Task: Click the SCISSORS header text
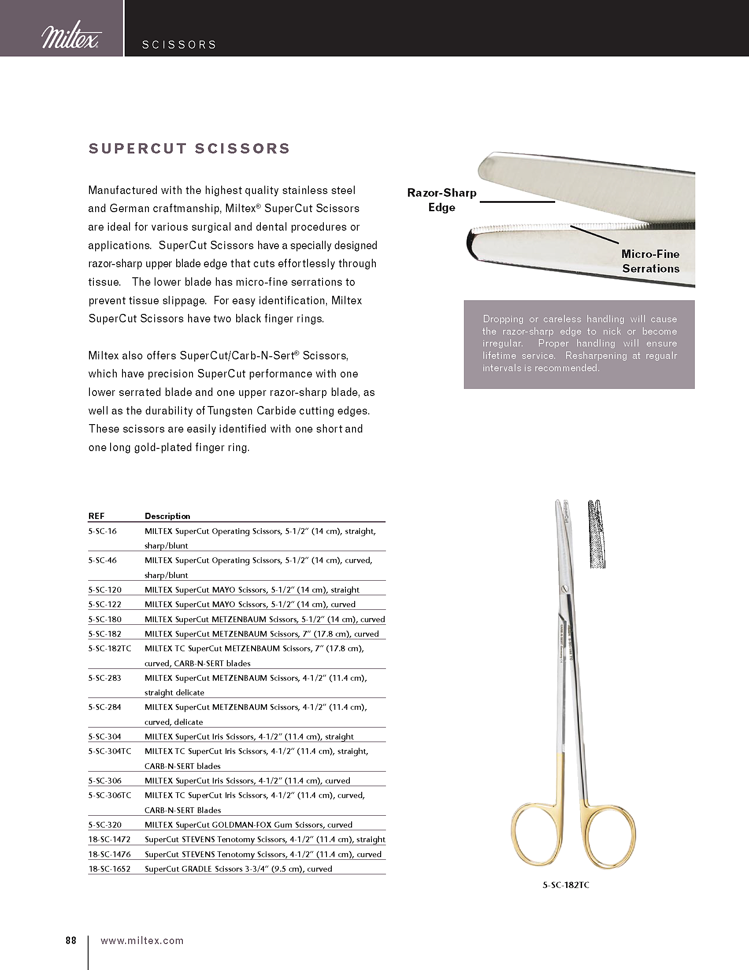point(179,45)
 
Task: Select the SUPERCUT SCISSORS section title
point(189,148)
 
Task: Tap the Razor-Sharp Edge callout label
point(441,200)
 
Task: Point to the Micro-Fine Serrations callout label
point(650,261)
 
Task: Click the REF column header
point(96,516)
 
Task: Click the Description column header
point(167,516)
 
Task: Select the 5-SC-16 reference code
point(103,531)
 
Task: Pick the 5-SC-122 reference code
point(105,604)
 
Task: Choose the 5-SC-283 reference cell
point(105,678)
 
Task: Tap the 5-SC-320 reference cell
point(105,824)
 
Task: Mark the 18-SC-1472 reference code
point(109,839)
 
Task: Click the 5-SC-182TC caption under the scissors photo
point(566,885)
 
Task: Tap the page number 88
point(71,940)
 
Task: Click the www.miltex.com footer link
point(142,940)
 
